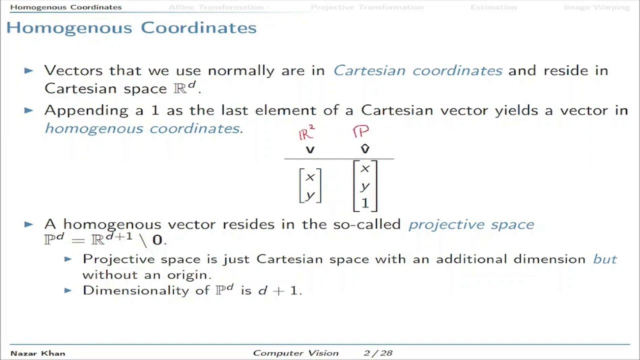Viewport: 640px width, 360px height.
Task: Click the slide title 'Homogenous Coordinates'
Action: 131,27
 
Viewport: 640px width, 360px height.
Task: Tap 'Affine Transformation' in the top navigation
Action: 215,7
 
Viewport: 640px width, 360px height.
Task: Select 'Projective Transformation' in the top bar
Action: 366,7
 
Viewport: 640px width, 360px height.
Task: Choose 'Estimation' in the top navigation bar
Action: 493,7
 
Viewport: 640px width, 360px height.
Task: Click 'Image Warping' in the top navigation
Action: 596,7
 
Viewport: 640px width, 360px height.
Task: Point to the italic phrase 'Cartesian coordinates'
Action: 417,70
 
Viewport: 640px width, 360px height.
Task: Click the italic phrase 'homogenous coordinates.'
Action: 143,128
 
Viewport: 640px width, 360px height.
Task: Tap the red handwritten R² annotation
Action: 306,133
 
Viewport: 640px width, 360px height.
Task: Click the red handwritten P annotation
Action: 360,131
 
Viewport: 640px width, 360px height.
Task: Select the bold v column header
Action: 310,149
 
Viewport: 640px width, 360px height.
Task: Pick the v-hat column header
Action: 365,149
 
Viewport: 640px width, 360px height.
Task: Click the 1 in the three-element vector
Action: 365,203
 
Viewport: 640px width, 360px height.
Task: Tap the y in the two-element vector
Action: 310,194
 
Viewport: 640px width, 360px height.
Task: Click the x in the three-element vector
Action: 365,169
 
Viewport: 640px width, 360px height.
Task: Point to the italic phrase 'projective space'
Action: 471,224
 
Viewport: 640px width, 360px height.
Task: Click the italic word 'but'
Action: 605,259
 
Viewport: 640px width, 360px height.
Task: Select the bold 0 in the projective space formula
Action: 157,240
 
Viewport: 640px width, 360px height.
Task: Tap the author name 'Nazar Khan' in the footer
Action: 37,353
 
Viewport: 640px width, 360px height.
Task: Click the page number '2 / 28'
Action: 378,353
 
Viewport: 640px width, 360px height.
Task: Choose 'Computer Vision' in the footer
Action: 295,353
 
